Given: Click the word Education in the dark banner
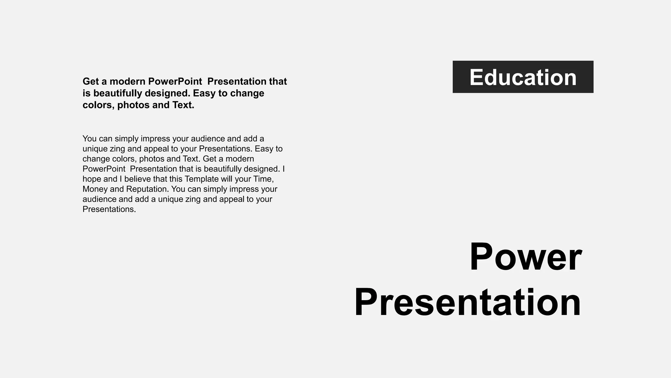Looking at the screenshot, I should point(523,77).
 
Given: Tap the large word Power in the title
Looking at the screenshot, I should point(526,257).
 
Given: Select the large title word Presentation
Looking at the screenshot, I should point(468,302).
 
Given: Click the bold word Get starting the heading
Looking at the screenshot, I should point(90,81).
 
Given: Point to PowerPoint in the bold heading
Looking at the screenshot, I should point(175,81).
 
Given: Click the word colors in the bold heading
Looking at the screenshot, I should point(97,105).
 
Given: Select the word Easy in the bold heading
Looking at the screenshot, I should point(204,93).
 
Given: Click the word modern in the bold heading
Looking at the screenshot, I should point(127,81).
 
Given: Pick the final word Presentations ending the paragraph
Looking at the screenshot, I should point(109,209).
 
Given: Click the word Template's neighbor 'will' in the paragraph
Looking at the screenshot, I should point(227,179).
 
